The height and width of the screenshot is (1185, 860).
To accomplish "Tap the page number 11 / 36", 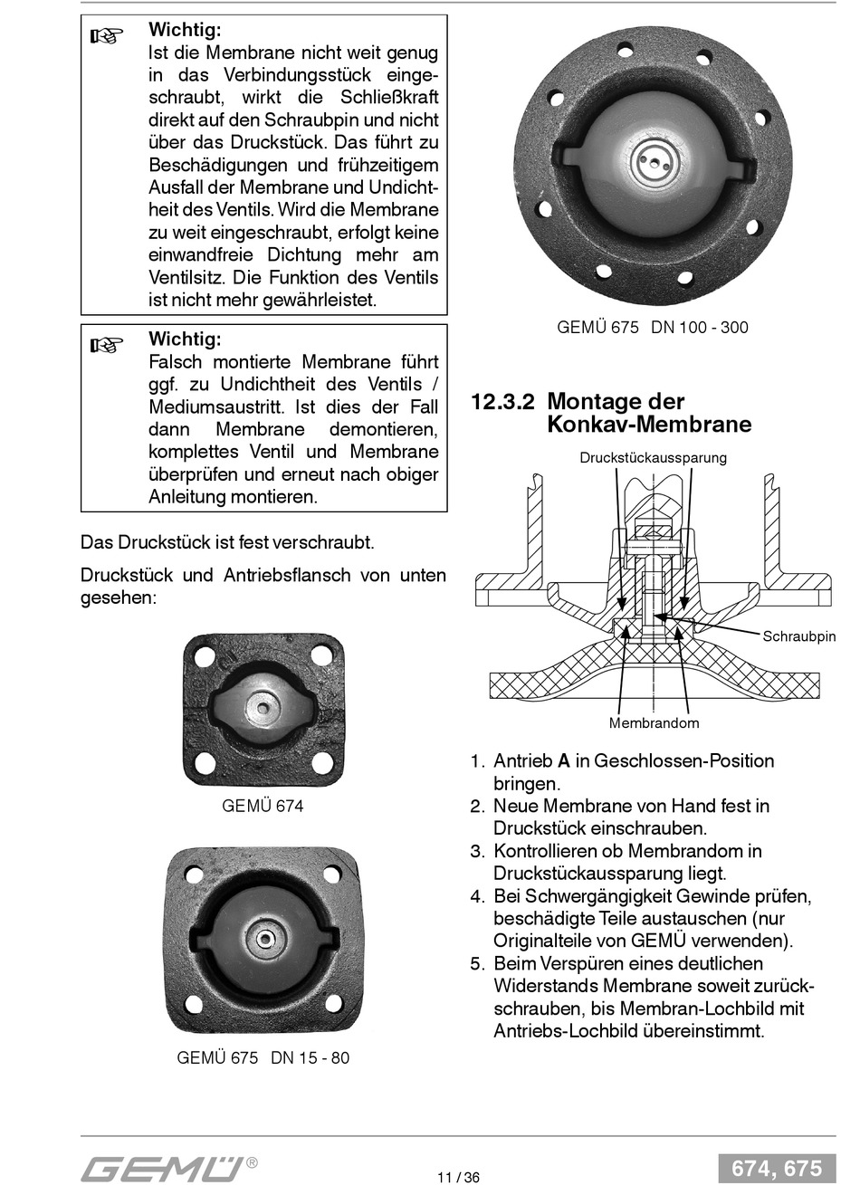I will (458, 1177).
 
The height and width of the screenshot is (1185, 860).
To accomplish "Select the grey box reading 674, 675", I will (777, 1168).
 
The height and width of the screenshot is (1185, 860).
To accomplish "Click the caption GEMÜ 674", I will (263, 805).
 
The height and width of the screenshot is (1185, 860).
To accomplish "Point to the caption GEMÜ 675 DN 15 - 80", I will (263, 1057).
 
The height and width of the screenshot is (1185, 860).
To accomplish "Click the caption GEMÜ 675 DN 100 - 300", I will (653, 327).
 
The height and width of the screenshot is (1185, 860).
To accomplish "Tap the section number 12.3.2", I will (502, 401).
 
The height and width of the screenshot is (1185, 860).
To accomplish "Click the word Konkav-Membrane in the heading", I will (649, 425).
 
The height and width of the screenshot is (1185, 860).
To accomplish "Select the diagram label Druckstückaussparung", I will (653, 457).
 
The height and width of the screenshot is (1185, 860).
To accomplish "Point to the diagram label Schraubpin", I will (798, 636).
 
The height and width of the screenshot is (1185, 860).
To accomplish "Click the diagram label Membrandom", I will (654, 723).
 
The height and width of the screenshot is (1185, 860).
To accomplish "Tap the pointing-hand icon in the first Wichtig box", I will (106, 37).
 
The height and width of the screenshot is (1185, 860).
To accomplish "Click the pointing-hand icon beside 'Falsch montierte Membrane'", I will (106, 346).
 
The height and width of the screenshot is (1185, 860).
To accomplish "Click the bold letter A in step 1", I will (563, 761).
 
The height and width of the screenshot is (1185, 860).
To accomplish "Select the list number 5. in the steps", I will (477, 963).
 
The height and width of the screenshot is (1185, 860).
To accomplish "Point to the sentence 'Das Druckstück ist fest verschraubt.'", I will (227, 542).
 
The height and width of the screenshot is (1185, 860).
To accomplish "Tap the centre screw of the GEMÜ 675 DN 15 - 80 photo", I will (265, 939).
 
